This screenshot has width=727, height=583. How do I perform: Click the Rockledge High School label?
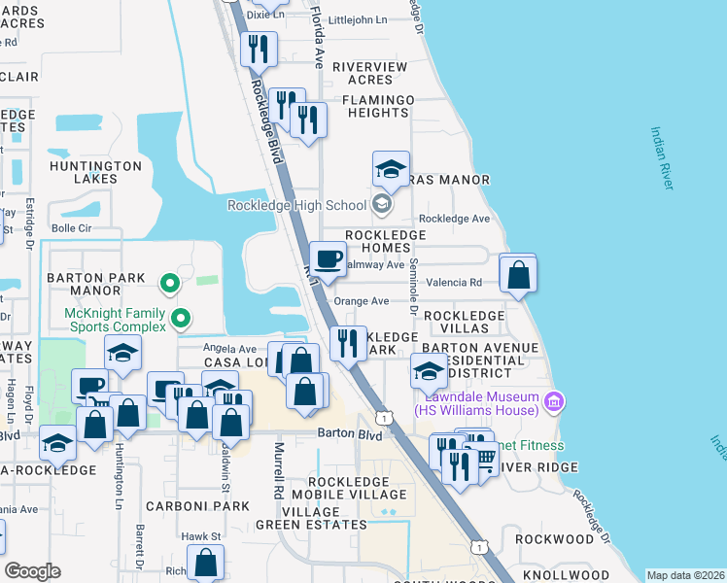(295, 204)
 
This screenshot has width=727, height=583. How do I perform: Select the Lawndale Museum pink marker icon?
(554, 400)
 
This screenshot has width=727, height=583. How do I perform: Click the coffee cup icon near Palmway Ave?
(327, 259)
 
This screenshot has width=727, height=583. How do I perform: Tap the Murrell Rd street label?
(279, 472)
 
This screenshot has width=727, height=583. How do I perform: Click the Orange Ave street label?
(361, 301)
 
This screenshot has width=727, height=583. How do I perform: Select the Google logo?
(33, 571)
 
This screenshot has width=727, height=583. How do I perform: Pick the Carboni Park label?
(186, 506)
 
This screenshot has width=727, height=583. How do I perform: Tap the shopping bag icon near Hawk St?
(206, 562)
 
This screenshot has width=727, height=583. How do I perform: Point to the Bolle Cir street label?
(71, 228)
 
